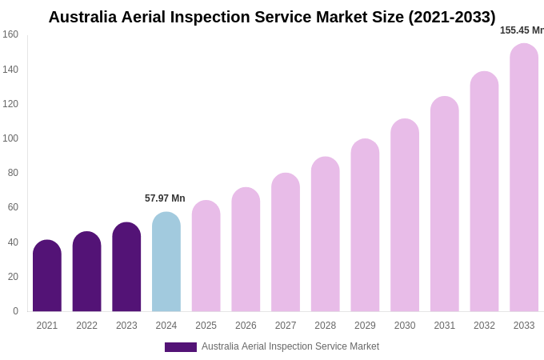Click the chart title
272,17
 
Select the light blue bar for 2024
166,262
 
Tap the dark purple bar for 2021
47,276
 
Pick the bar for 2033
524,178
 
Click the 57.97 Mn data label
165,198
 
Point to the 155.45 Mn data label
522,30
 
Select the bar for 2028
326,234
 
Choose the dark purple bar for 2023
126,267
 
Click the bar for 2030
405,215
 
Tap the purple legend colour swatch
181,347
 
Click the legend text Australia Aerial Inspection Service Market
290,346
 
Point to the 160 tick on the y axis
10,34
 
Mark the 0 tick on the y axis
15,311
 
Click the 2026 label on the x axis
246,326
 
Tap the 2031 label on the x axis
445,326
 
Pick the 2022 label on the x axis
86,326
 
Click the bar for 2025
206,256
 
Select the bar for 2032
484,192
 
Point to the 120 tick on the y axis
10,104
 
